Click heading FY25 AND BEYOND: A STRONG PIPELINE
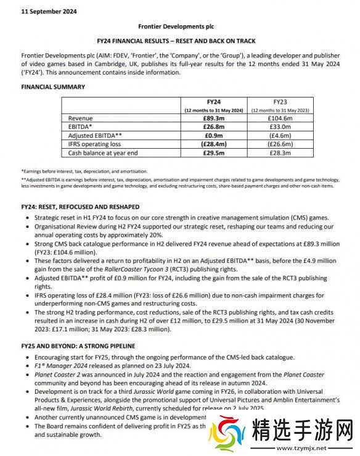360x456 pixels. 78,346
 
